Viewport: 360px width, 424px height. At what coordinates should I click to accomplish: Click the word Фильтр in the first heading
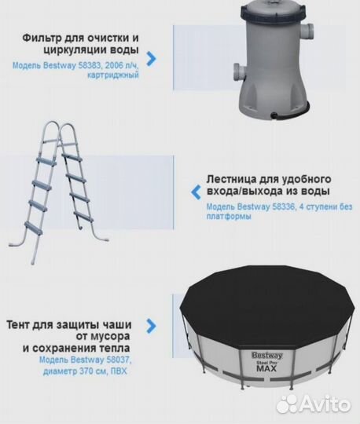click(x=43, y=37)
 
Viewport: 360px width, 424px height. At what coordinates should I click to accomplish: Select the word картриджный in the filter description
click(x=116, y=75)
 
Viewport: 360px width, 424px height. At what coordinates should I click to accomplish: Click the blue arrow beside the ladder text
click(x=193, y=191)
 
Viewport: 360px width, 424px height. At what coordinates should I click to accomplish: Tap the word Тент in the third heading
click(x=22, y=324)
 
